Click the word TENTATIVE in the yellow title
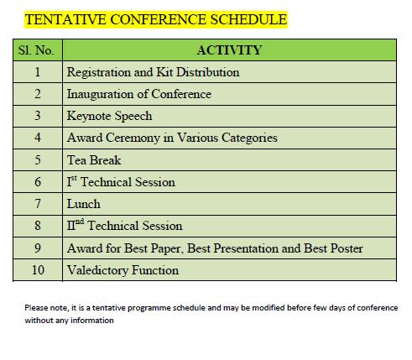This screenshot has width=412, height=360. [65, 19]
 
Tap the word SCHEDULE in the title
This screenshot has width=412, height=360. [248, 19]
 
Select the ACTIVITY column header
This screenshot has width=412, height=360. [229, 50]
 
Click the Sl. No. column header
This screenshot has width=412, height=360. [36, 50]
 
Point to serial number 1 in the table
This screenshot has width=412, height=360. [38, 72]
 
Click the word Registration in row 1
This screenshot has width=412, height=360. [99, 73]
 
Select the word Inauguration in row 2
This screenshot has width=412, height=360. [100, 95]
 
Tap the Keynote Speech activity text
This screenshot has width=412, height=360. [110, 116]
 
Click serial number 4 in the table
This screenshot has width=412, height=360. [38, 138]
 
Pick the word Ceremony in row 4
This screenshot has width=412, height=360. [133, 138]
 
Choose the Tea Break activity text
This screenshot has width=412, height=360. [94, 160]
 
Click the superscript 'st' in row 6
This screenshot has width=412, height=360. [74, 178]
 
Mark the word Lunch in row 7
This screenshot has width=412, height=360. [84, 204]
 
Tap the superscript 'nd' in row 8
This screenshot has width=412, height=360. [80, 222]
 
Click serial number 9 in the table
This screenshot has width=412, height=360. [38, 248]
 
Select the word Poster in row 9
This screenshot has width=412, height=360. [347, 248]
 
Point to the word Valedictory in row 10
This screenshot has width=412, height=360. [98, 270]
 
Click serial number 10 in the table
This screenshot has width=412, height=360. [38, 270]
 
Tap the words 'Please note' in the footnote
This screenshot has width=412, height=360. [46, 308]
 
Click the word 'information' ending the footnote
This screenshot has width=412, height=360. [92, 321]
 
